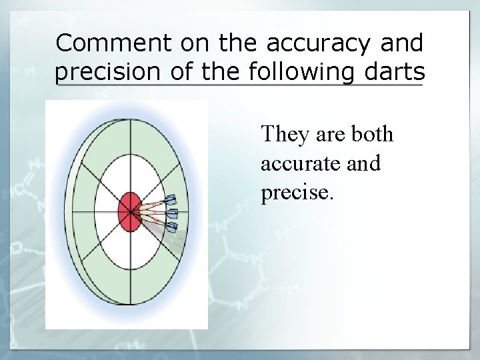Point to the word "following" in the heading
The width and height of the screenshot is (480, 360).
click(301, 71)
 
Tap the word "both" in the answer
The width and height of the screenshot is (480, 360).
click(371, 135)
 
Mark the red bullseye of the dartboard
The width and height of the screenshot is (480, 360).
click(129, 211)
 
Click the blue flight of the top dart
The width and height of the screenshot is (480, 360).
click(171, 200)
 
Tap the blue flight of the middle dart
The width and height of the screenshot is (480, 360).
click(173, 214)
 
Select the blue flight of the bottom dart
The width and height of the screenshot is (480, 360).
click(171, 227)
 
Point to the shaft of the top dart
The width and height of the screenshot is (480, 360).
click(157, 205)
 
